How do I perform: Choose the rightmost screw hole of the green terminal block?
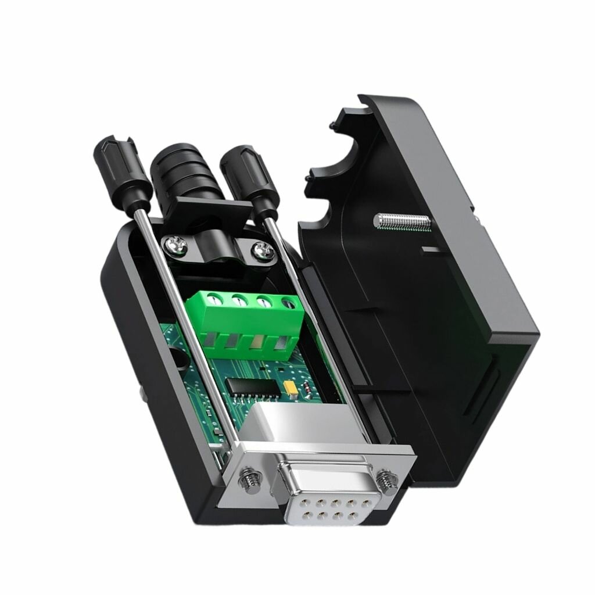click(288, 303)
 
